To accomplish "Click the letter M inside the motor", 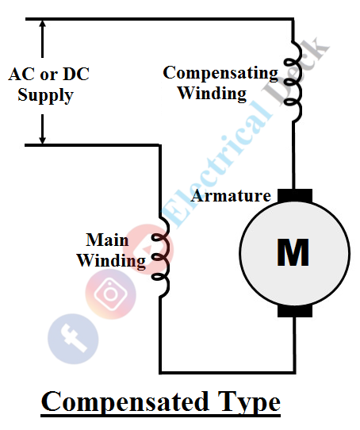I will [x=293, y=252].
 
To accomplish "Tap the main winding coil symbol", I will [x=162, y=257].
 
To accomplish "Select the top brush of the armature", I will [x=294, y=195].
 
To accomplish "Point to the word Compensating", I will [x=220, y=73].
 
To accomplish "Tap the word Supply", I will [x=45, y=96].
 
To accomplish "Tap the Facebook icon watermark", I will [x=73, y=337].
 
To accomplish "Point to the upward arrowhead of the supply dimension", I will [x=43, y=24].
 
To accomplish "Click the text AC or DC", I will [x=48, y=75].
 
